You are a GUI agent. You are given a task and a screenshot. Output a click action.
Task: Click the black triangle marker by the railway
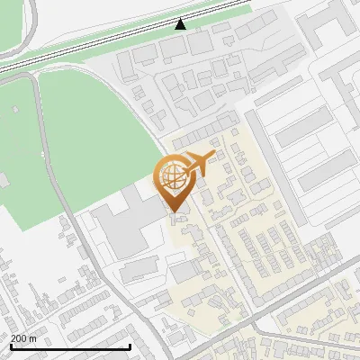tap(181, 23)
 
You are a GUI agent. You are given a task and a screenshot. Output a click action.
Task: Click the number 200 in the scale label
tap(19, 338)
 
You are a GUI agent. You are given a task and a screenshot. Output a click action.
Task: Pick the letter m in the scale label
tap(33, 338)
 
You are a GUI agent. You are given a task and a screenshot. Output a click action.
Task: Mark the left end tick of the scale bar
tap(10, 346)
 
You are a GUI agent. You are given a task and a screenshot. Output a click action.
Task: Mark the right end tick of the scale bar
tap(130, 346)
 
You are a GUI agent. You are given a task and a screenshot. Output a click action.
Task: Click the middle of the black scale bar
tap(70, 347)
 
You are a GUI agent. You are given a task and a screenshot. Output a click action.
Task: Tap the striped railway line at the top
tap(108, 40)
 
